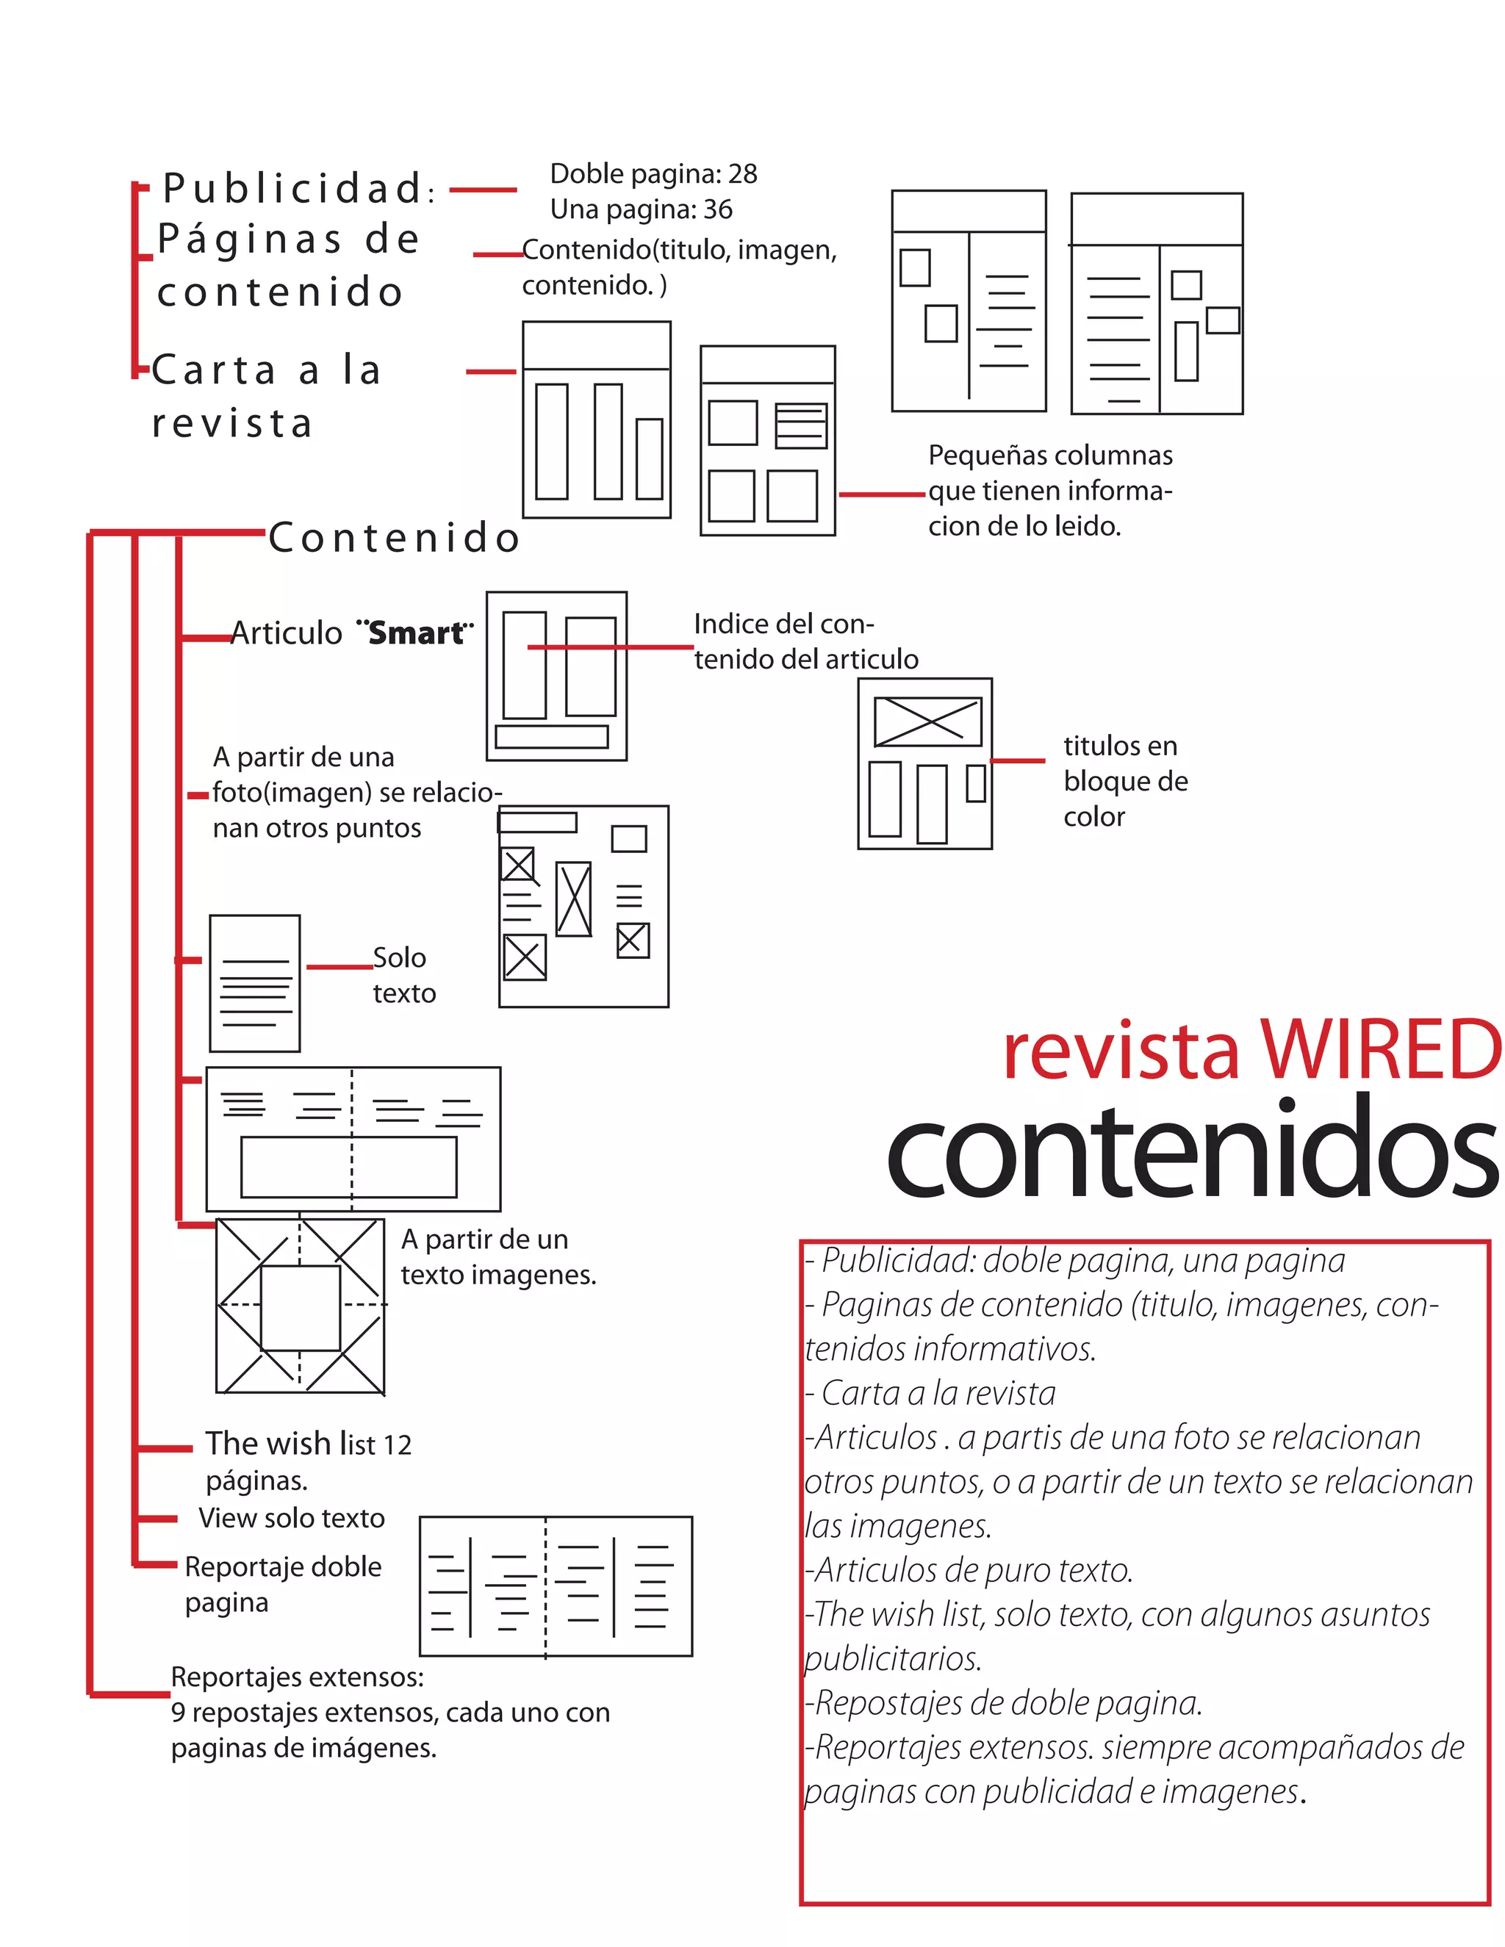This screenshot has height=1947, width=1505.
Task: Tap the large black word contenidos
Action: pos(1193,1149)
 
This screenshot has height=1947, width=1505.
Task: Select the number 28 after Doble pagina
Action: pos(743,174)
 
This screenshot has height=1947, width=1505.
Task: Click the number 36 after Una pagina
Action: pos(718,209)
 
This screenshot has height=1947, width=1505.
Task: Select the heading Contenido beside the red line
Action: pos(394,538)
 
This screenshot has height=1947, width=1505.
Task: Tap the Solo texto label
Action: pos(403,975)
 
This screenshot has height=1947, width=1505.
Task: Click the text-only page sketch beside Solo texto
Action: pos(255,983)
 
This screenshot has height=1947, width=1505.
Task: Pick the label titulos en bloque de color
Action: pos(1125,781)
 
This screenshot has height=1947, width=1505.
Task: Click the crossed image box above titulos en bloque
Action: pos(927,721)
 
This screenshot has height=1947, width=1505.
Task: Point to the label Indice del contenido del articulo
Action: pos(805,641)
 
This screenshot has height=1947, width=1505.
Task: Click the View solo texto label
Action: pos(292,1517)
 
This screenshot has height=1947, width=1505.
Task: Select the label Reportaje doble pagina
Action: pos(283,1583)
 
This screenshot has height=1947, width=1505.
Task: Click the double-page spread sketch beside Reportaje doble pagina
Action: pos(556,1586)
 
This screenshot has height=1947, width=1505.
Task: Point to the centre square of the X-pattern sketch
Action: pos(301,1307)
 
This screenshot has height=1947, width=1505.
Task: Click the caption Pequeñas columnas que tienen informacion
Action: pos(1050,490)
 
